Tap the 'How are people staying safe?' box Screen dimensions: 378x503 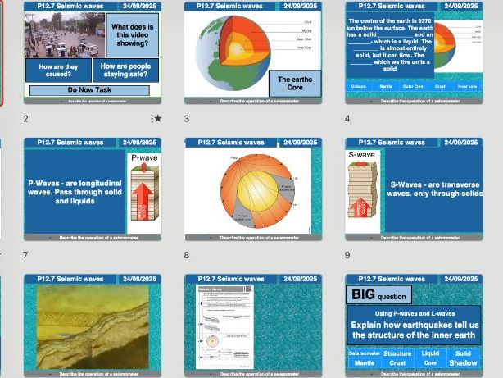click(x=125, y=70)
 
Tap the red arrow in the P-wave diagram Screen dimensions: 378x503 click(x=145, y=198)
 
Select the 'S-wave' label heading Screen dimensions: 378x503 click(x=361, y=154)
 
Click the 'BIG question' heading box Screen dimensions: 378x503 click(x=379, y=294)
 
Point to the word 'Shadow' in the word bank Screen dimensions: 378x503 click(x=464, y=362)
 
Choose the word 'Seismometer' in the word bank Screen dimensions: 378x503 click(x=365, y=353)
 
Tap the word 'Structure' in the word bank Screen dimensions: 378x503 click(x=397, y=353)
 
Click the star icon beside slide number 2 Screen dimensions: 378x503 click(x=157, y=119)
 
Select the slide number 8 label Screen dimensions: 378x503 click(x=187, y=255)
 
